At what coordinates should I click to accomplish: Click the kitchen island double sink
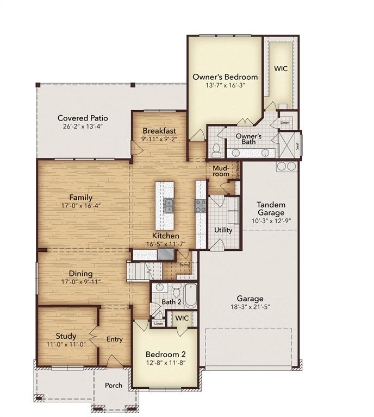coord(169,205)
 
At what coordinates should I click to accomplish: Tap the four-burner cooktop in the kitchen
coord(201,205)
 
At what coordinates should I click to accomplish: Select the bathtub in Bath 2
coord(190,296)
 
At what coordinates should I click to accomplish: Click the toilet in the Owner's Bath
coord(216,149)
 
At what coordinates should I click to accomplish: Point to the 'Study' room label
coord(66,336)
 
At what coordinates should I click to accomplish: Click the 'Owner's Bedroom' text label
coord(225,77)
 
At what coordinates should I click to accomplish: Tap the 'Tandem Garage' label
coord(271,208)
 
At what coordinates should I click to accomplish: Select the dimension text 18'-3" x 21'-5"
coord(250,307)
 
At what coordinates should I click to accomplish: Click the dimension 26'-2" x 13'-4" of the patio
coord(83,127)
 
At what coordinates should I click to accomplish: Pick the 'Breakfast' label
coord(159,131)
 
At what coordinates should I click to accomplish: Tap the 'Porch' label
coord(114,386)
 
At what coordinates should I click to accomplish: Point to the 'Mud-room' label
coord(220,172)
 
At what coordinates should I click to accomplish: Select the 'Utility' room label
coord(223,230)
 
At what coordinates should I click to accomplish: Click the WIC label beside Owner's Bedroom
coord(280,69)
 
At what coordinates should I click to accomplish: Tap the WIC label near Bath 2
coord(182,318)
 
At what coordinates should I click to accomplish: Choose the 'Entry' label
coord(115,339)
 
